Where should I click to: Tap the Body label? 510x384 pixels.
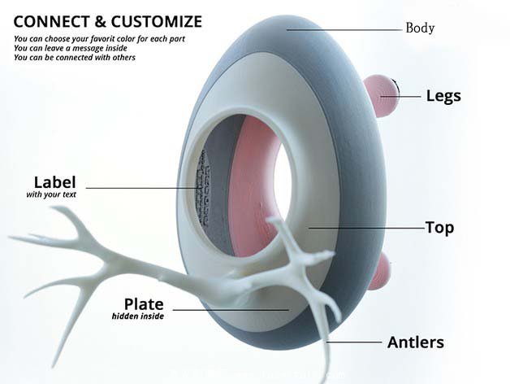click(420, 28)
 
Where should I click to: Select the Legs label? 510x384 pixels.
click(443, 96)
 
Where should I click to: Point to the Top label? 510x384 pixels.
click(439, 228)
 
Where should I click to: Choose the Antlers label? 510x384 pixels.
click(416, 342)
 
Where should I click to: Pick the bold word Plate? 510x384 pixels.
click(144, 304)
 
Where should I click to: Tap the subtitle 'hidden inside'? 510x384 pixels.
click(138, 316)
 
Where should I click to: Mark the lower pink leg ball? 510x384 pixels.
click(381, 271)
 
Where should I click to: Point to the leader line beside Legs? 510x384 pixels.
click(409, 96)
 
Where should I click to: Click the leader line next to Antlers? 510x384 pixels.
click(357, 342)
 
